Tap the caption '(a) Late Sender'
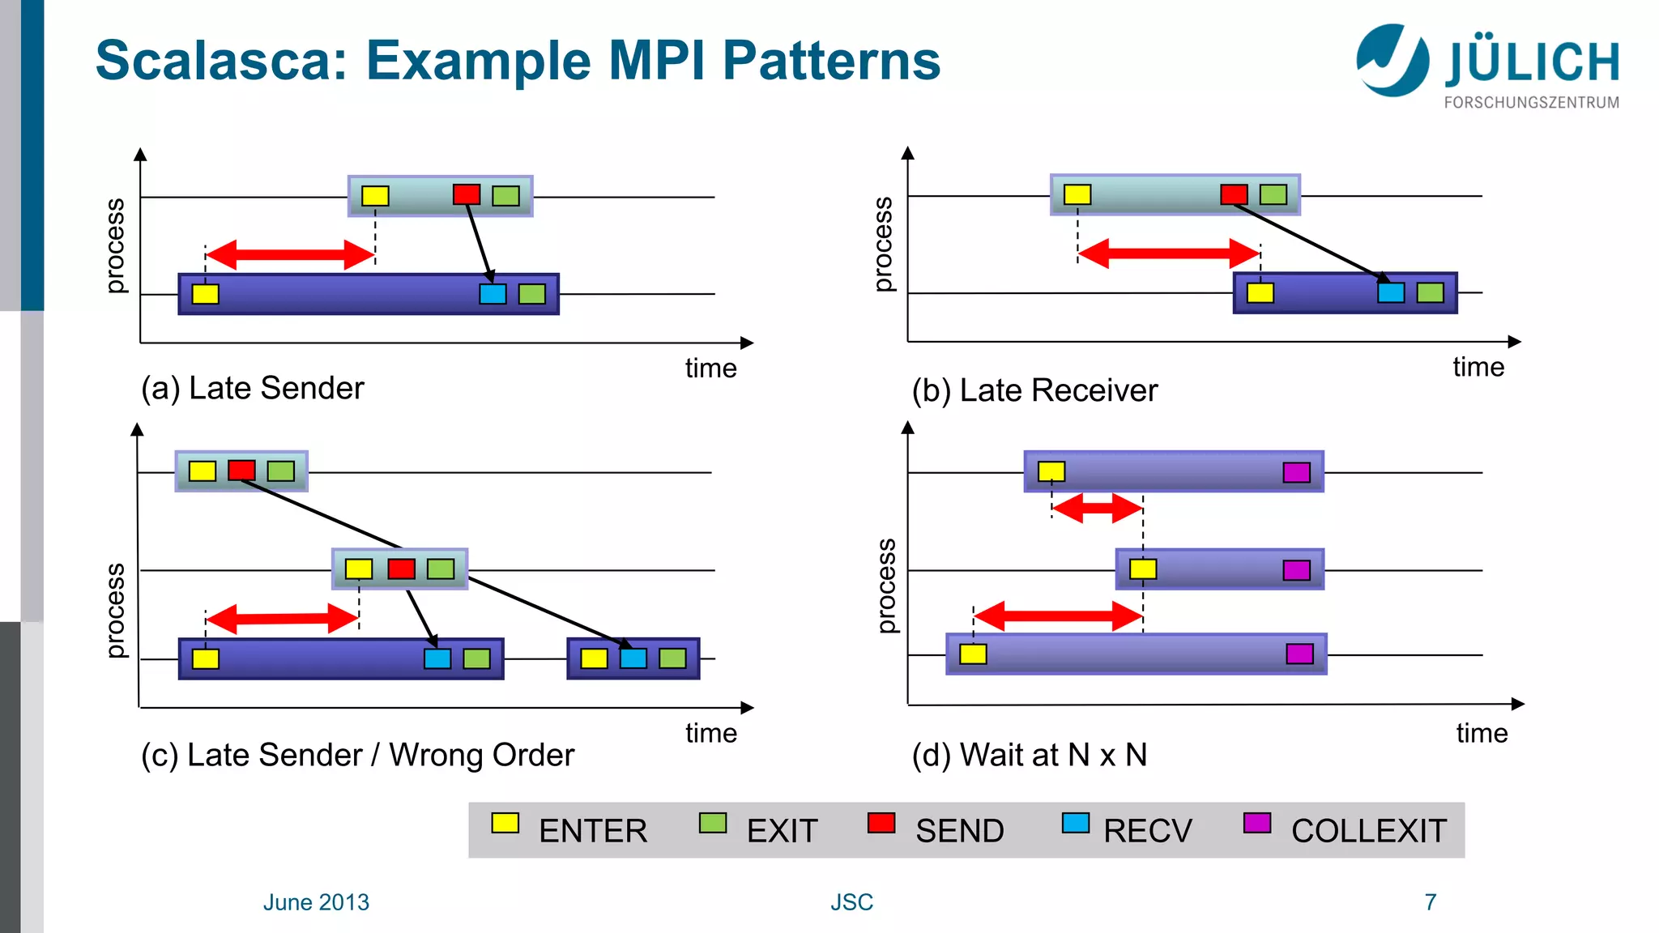tap(252, 389)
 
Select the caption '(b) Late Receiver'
tap(1034, 391)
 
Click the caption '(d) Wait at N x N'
tap(1029, 755)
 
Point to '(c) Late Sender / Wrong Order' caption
tap(357, 755)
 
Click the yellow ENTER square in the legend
tap(505, 824)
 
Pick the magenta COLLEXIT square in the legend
tap(1256, 824)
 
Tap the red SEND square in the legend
tap(881, 824)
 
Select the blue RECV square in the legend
tap(1075, 824)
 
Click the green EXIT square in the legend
tap(712, 824)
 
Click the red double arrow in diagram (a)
tap(290, 254)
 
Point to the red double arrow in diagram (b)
tap(1169, 253)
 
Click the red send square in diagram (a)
tap(467, 194)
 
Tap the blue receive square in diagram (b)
tap(1391, 292)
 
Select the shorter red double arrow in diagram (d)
tap(1097, 509)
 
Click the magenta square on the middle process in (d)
tap(1296, 570)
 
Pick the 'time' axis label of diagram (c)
tap(710, 733)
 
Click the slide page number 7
tap(1430, 902)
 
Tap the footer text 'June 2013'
tap(316, 902)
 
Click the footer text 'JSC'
tap(851, 902)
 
